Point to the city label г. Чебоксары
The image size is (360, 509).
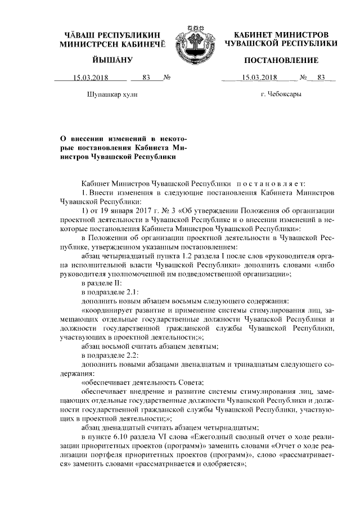(281, 94)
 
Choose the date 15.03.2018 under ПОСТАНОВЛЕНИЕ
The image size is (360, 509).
(259, 78)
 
